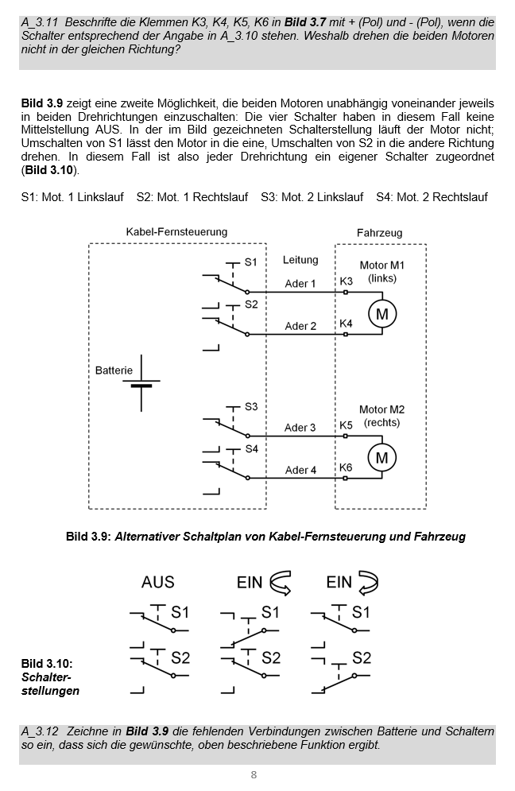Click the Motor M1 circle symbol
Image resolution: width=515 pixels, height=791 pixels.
coord(382,314)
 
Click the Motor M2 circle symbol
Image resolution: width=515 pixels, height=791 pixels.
coord(382,458)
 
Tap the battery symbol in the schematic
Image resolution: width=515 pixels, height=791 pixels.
coord(141,383)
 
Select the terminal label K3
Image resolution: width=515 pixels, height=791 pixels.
coord(346,281)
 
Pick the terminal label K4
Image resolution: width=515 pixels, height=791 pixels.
coord(346,324)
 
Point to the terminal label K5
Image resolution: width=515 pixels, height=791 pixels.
coord(346,425)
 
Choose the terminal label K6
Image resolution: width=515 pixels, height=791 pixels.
coord(346,467)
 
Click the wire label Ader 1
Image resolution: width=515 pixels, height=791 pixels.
coord(300,284)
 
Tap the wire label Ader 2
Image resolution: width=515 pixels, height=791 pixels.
coord(300,326)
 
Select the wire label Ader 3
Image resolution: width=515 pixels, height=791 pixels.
coord(300,428)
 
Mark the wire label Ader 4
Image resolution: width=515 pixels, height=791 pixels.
coord(300,470)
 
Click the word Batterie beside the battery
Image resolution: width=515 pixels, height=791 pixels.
coord(114,370)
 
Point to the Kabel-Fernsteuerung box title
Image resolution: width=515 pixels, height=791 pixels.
coord(176,231)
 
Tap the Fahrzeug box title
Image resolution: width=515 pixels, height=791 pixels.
coord(379,233)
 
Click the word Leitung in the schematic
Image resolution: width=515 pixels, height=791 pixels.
coord(300,260)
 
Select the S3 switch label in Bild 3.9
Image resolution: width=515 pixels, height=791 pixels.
coord(251,406)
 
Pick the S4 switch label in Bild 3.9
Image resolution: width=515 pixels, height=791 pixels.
coord(251,448)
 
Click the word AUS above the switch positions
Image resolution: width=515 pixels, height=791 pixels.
coord(157,582)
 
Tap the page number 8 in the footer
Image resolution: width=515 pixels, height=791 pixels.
coord(254,775)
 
